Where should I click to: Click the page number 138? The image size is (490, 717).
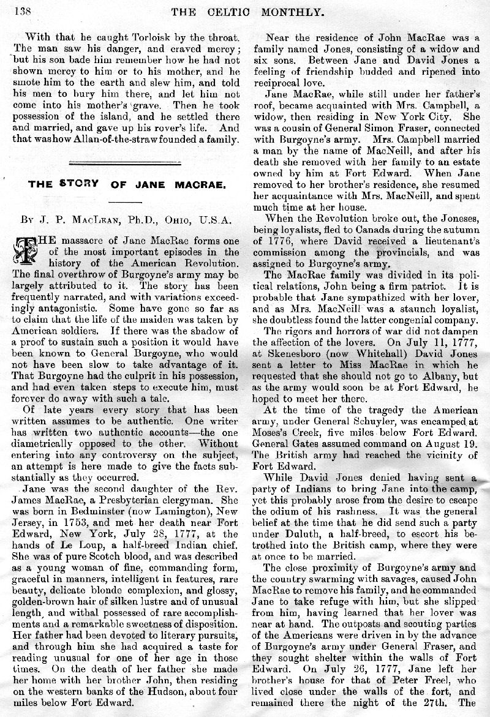pyautogui.click(x=20, y=9)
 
